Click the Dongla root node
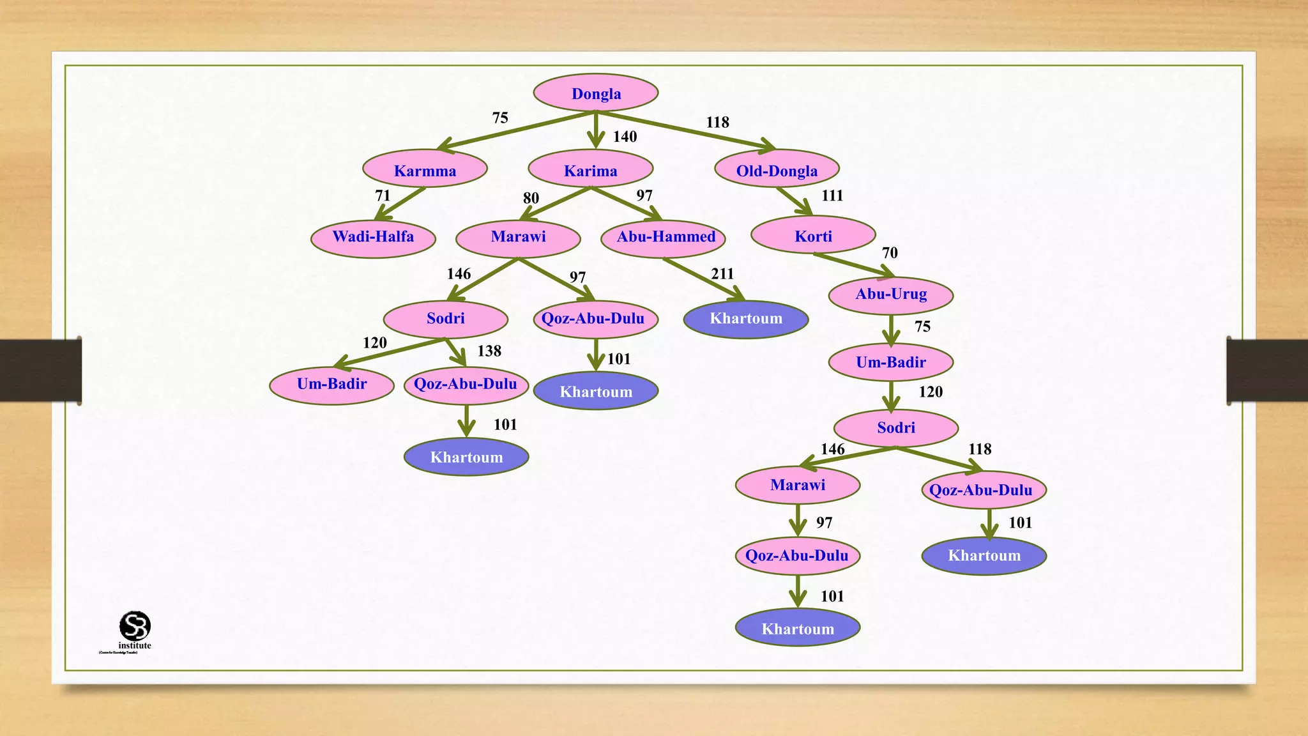coord(596,93)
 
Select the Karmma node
coord(425,170)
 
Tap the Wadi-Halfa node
coord(373,237)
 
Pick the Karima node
coord(591,170)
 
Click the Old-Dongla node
coord(777,170)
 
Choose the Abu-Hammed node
coord(665,237)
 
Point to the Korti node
coord(813,236)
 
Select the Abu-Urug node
coord(891,295)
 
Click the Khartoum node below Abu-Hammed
coord(746,318)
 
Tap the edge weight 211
coord(722,274)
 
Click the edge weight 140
coord(625,137)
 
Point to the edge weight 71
coord(383,195)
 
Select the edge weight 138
coord(489,351)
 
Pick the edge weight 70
coord(890,253)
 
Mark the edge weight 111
coord(832,195)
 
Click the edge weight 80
coord(531,198)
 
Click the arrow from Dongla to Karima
coord(596,130)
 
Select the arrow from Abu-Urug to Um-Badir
coord(891,330)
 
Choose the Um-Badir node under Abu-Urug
coord(891,362)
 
